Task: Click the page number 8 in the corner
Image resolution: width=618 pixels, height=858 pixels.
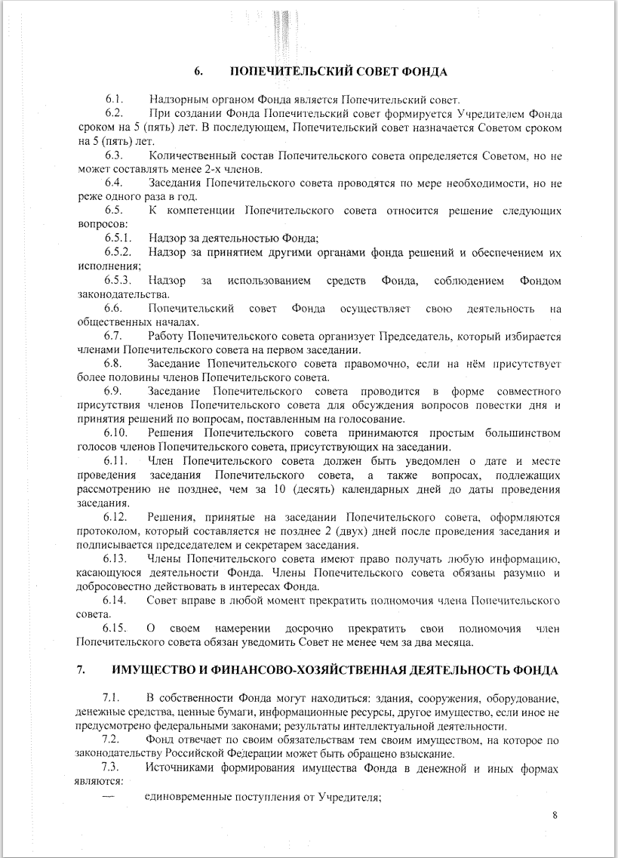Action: coord(555,815)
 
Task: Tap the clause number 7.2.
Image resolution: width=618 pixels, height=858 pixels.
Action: coord(113,739)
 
